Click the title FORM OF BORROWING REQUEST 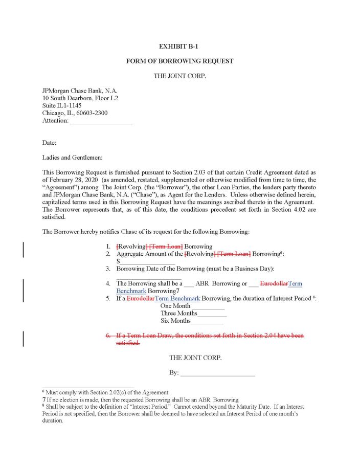[x=179, y=61]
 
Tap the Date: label [x=49, y=142]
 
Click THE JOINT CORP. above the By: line [x=195, y=358]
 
